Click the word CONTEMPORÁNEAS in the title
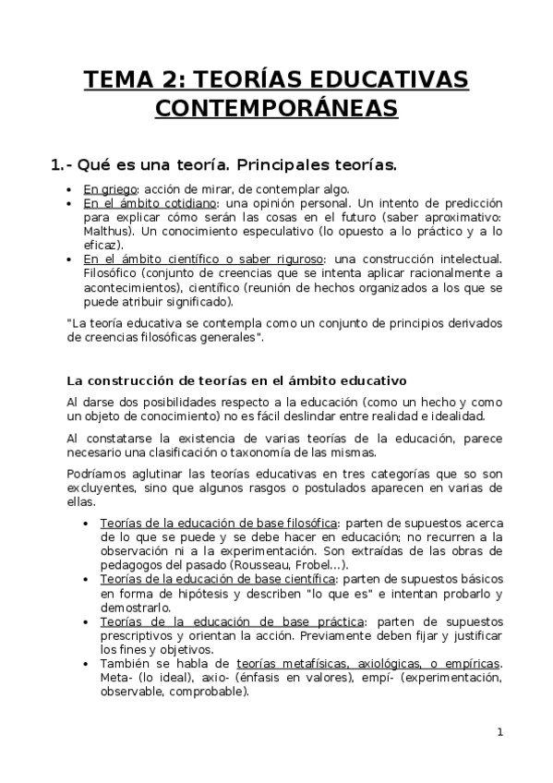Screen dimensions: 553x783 (x=277, y=109)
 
